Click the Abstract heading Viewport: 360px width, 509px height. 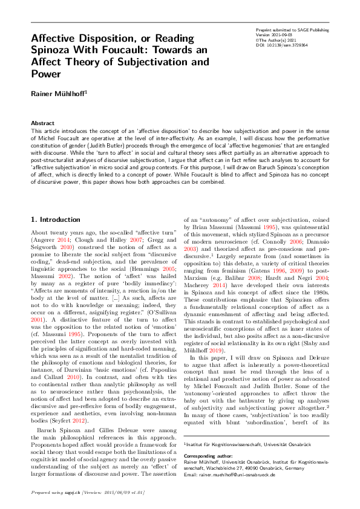tap(42, 123)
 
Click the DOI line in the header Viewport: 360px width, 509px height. tap(282, 44)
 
